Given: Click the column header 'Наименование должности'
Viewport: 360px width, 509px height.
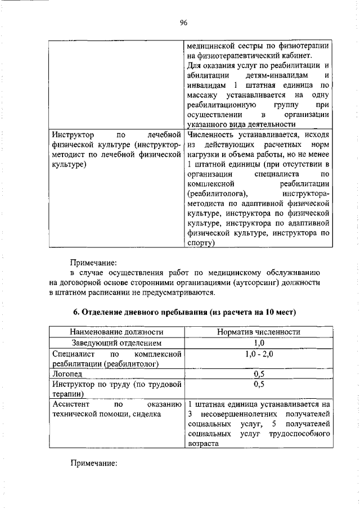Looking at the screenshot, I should (x=116, y=332).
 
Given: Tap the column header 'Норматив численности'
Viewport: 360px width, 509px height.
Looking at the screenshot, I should (x=259, y=332).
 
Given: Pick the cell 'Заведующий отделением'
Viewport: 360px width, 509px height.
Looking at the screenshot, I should (x=116, y=343).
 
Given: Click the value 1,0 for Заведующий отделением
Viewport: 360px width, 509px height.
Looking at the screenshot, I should (x=259, y=343).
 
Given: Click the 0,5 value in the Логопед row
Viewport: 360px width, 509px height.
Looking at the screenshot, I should (x=259, y=374).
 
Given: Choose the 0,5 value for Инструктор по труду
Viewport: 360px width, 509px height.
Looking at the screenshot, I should (x=259, y=385).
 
